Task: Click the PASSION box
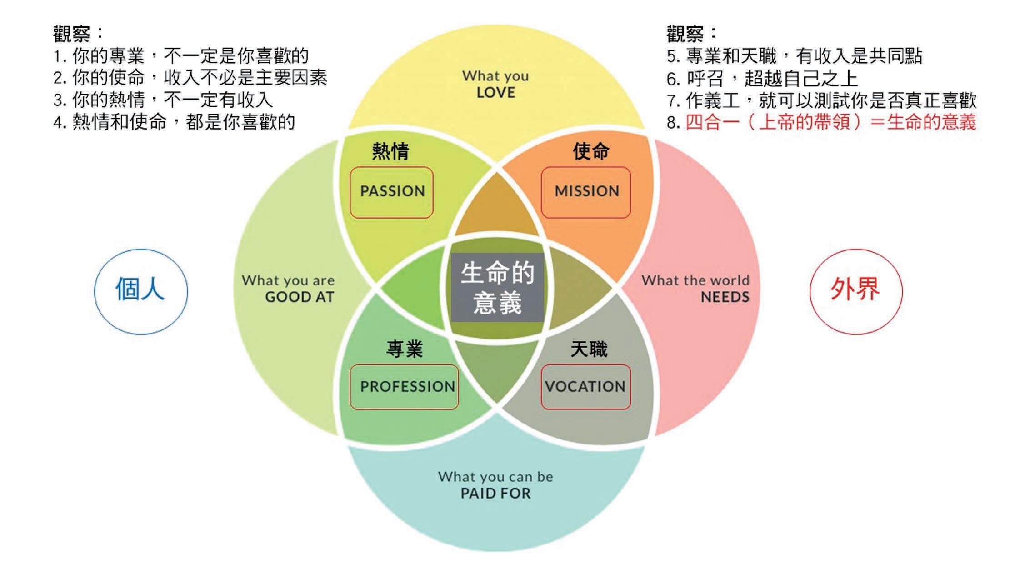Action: coord(391,192)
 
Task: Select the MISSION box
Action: coord(586,192)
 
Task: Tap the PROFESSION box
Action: coord(404,387)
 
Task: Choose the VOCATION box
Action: coord(585,387)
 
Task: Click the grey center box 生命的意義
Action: coord(497,287)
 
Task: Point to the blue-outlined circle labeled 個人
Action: coord(141,291)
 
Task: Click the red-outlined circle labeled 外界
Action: coord(856,291)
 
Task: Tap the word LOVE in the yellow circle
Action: coord(495,93)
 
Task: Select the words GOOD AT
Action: coord(300,297)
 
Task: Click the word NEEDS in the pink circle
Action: coord(725,297)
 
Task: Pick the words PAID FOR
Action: coord(495,494)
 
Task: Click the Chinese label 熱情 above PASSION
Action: coord(390,151)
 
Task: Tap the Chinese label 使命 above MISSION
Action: coord(591,151)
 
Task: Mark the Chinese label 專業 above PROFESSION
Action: coord(404,349)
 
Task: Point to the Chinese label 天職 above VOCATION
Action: coord(589,349)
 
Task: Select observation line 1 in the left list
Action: coord(181,56)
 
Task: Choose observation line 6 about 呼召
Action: coord(762,79)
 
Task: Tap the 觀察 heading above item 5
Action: coord(685,33)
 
